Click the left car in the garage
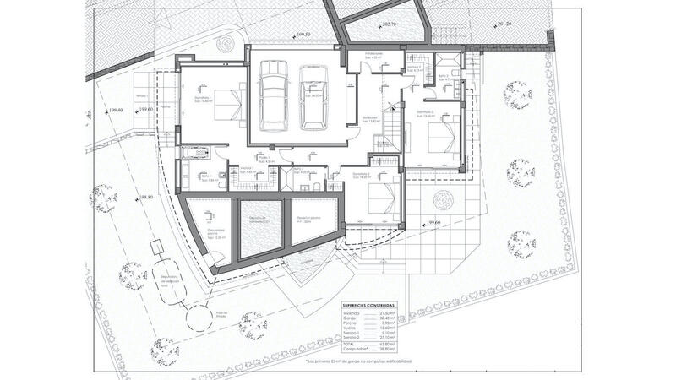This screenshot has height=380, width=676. click(275, 99)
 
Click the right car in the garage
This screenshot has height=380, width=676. click(313, 99)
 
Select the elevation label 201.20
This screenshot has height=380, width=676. click(505, 24)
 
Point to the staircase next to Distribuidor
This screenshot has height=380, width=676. click(390, 127)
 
